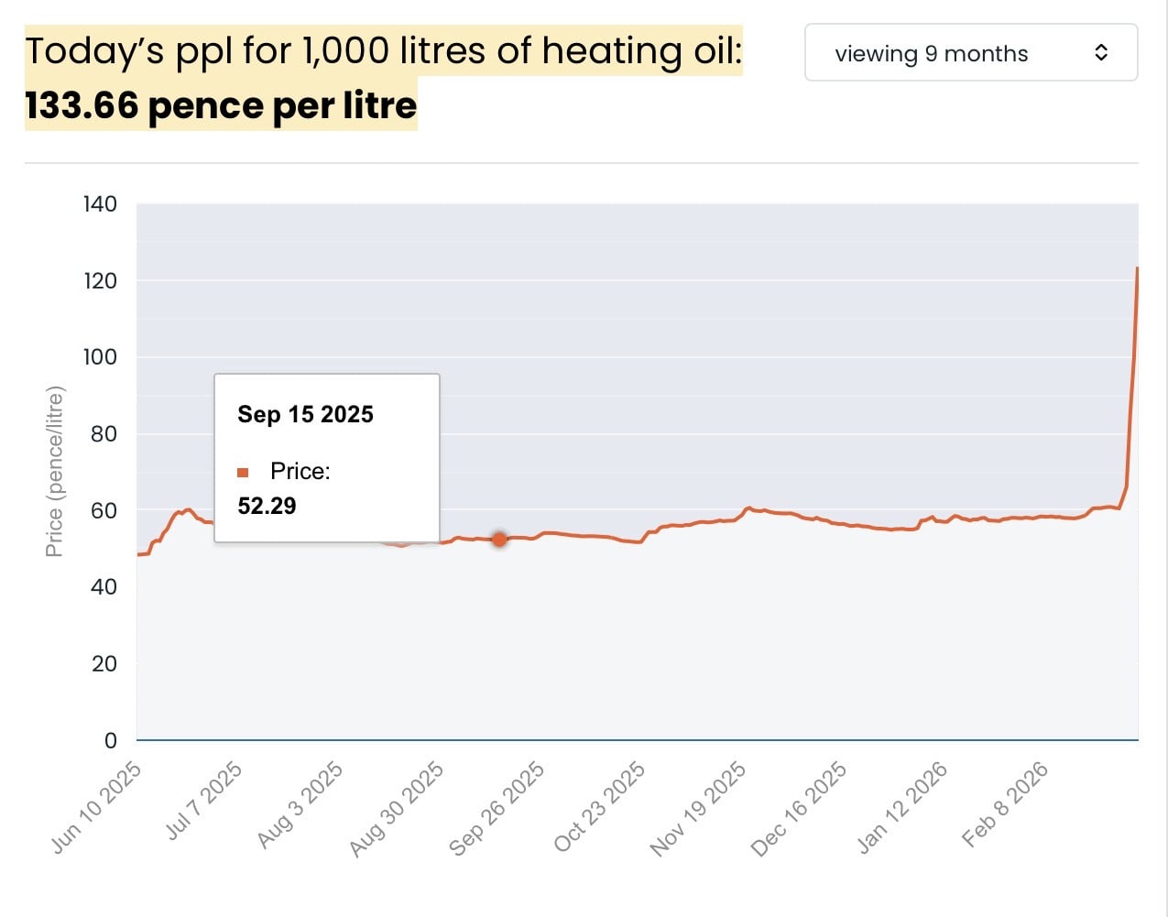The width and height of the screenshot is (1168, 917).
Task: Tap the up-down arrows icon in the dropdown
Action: coord(1101,53)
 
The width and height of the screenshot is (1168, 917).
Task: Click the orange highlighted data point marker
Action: coord(499,540)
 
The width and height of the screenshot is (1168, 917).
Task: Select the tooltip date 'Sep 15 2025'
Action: coord(305,415)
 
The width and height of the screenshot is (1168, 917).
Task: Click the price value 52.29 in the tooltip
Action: coord(267,507)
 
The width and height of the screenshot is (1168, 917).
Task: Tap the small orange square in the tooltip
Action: coord(243,473)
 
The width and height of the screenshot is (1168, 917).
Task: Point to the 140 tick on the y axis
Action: coord(100,204)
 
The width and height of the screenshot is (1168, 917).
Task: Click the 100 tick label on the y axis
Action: coord(100,357)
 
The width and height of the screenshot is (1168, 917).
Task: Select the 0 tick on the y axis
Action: coord(111,740)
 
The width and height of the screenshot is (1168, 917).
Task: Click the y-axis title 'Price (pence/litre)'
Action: coord(55,472)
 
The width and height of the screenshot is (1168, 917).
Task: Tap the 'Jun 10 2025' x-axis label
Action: coord(97,808)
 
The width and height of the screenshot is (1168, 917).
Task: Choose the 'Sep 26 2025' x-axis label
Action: coord(497,809)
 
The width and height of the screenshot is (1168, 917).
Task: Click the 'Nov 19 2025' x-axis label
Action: coord(698,809)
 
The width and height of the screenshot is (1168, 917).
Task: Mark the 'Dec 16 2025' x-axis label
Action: coord(799,809)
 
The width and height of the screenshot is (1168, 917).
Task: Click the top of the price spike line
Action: coord(1137,268)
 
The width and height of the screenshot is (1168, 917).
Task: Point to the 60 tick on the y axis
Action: coord(104,510)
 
